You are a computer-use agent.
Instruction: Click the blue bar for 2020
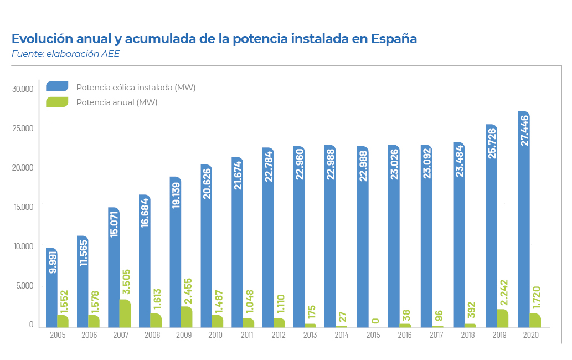point(523,222)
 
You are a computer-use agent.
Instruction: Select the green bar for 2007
point(125,313)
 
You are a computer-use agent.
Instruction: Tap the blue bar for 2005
point(51,288)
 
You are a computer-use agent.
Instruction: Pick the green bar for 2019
point(502,318)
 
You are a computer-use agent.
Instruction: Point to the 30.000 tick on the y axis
point(23,89)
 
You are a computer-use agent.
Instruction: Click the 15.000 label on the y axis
point(23,207)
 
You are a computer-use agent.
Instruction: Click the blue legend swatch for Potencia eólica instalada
point(57,86)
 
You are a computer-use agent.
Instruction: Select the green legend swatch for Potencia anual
point(57,102)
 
